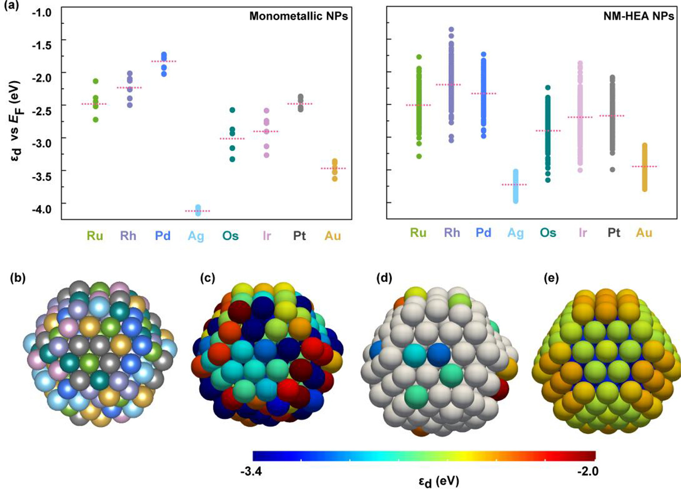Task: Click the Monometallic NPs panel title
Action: click(298, 16)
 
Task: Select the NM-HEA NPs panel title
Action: click(639, 16)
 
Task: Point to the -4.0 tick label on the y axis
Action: click(42, 209)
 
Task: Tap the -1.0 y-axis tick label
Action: click(42, 13)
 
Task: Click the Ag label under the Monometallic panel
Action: click(196, 236)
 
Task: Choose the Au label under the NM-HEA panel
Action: click(644, 233)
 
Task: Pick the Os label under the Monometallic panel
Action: click(230, 236)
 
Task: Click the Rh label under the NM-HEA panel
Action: click(452, 233)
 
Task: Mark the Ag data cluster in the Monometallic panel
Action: click(198, 210)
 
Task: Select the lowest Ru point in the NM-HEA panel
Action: click(419, 156)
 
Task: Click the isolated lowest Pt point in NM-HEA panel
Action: click(612, 170)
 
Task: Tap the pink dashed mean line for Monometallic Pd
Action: click(164, 61)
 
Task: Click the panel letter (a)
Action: click(11, 6)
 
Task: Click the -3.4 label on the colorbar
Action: click(251, 471)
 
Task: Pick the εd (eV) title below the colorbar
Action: click(438, 481)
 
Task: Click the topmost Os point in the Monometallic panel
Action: click(232, 110)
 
